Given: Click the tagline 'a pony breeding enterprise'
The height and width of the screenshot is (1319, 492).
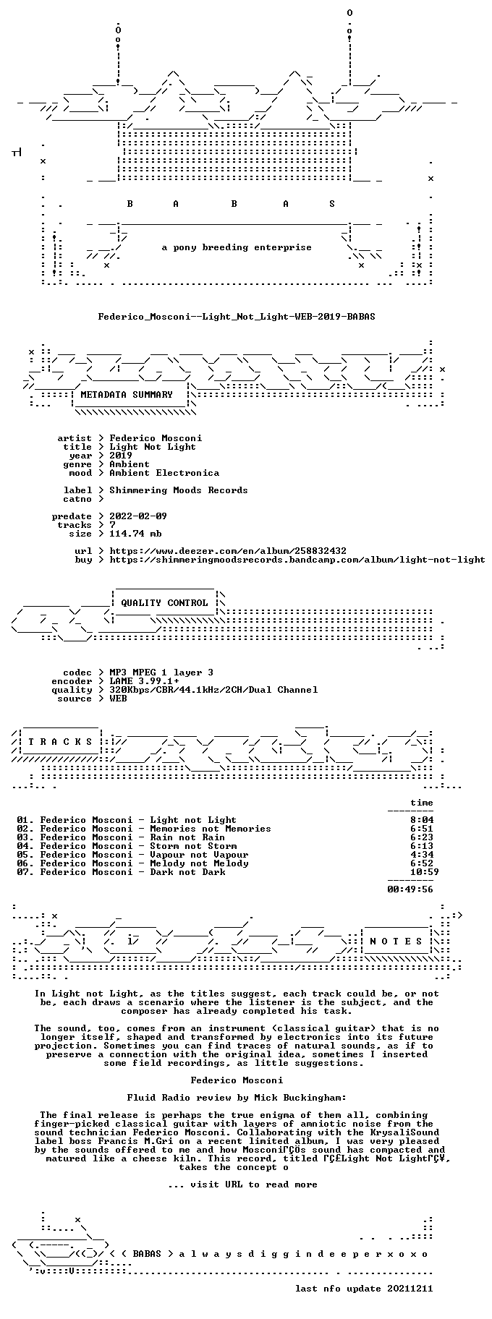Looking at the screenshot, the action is click(237, 247).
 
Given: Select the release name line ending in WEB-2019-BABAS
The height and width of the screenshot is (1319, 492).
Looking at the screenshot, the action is click(237, 316).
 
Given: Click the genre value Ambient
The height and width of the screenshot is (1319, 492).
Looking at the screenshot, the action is click(130, 464).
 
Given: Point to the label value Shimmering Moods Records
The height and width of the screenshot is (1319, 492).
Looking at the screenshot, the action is click(179, 490).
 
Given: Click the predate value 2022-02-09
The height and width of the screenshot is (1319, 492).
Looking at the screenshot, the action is click(138, 516).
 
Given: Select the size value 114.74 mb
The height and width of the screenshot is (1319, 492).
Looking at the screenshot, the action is click(135, 534).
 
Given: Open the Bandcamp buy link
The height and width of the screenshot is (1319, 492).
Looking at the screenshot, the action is click(297, 560).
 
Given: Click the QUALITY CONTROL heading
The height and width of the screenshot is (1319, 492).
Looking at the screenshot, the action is click(164, 603).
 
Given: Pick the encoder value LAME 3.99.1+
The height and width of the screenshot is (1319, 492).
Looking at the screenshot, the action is click(144, 681).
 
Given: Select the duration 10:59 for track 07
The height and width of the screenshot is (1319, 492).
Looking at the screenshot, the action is click(424, 872).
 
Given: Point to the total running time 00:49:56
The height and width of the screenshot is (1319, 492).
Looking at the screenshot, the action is click(410, 889).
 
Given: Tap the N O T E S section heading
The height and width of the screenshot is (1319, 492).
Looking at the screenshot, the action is click(396, 942).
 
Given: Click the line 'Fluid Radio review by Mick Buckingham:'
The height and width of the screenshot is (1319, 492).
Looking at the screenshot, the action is click(237, 1098).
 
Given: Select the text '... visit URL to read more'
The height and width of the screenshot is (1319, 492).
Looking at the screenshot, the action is click(242, 1184).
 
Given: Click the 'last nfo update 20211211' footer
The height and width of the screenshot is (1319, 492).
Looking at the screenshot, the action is click(364, 1289).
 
